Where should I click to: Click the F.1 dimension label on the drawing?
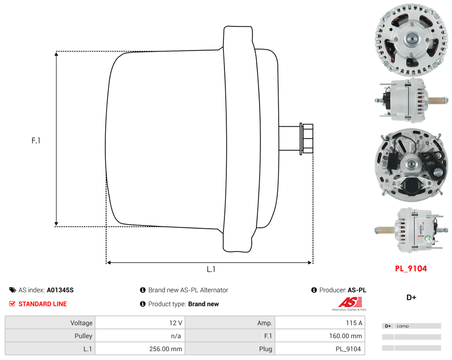[36, 141]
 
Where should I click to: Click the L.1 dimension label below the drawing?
[211, 269]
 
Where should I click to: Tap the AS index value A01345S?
[60, 290]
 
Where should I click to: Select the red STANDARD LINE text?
[43, 304]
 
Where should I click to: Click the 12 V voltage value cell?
[140, 323]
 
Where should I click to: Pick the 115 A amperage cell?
[320, 323]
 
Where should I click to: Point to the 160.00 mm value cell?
[320, 336]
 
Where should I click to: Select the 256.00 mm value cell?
[140, 349]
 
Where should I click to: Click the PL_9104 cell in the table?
[320, 349]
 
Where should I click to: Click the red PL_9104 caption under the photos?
[411, 269]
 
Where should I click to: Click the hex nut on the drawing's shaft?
[307, 138]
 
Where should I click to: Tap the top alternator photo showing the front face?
[411, 39]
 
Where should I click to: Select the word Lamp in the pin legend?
[403, 326]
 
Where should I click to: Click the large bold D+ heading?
[411, 297]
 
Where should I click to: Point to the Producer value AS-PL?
[357, 290]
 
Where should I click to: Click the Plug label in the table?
[266, 349]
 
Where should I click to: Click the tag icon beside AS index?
[13, 290]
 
